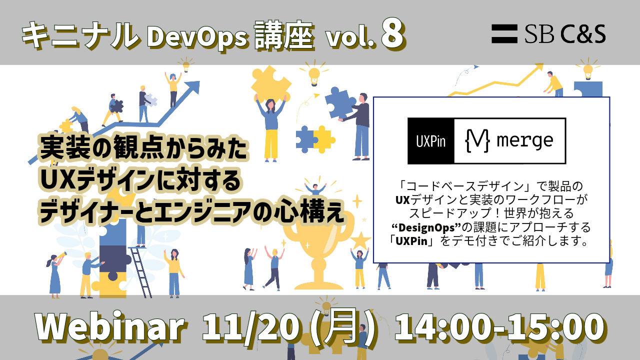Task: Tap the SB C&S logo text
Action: click(x=565, y=33)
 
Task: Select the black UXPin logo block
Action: click(x=431, y=141)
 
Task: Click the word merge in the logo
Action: click(x=525, y=140)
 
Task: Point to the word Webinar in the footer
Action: click(x=109, y=326)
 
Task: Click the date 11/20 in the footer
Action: click(x=250, y=326)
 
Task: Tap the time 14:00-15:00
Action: click(x=499, y=327)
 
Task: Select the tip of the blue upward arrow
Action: click(x=199, y=81)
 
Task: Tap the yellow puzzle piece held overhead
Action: click(x=271, y=83)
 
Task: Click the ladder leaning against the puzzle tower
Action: click(x=141, y=272)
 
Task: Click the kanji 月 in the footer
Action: click(x=341, y=326)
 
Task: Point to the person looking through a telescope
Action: click(x=55, y=275)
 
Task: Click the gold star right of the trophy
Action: click(x=360, y=240)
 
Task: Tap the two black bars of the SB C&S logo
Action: click(x=504, y=33)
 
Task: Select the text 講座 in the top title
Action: click(x=284, y=36)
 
